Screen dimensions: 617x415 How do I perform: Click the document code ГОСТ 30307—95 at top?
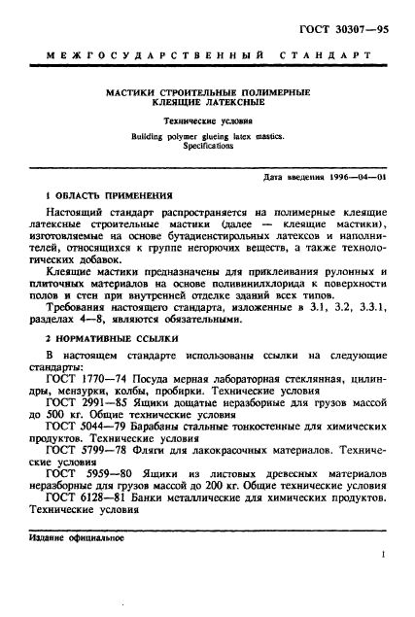344,17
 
